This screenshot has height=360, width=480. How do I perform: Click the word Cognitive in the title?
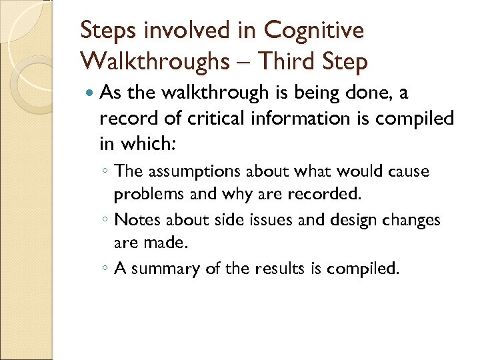[x=314, y=30]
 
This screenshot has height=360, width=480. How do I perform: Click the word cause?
[x=409, y=171]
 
